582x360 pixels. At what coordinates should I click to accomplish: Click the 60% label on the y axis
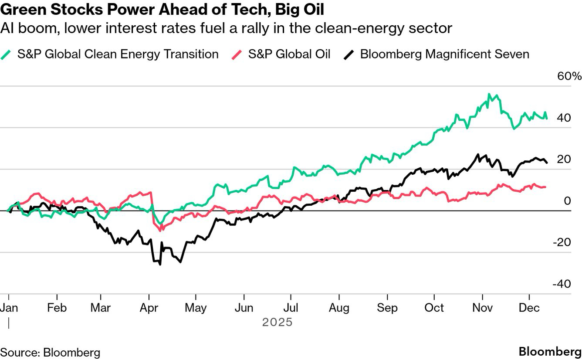569,76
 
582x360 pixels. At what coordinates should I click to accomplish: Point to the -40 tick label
562,284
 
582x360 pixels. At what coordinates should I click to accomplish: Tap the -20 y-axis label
562,242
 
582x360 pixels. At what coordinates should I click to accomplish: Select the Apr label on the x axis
149,308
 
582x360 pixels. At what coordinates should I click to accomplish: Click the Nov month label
482,308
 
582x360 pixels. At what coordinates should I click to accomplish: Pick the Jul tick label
291,308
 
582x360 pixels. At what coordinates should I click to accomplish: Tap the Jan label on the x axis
9,308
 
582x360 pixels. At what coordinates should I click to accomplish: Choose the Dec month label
529,308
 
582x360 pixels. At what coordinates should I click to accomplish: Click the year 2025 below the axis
277,323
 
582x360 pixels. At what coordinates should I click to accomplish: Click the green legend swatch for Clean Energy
7,54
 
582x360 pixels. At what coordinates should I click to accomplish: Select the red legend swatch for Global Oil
237,54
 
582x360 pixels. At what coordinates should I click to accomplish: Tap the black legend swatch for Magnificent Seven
350,54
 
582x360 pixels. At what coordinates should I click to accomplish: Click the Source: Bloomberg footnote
50,352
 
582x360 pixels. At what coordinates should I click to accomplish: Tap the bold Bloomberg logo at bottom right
550,352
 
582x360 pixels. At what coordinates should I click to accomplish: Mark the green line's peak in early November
489,94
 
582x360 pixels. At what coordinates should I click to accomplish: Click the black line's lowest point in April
160,264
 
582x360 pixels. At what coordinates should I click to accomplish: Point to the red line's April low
161,230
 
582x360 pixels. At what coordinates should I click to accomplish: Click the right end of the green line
547,118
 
